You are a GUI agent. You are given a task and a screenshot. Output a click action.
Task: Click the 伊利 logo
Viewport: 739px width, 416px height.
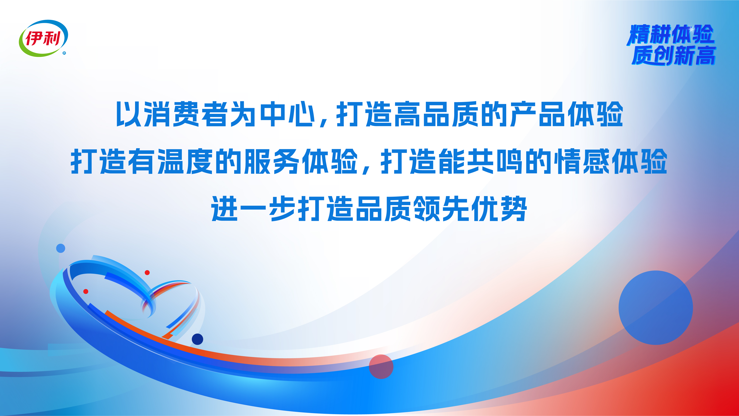pos(44,38)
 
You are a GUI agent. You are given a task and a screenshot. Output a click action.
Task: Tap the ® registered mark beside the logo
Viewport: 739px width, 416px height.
pos(64,53)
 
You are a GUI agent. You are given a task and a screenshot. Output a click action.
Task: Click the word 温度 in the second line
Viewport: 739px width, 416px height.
pos(185,161)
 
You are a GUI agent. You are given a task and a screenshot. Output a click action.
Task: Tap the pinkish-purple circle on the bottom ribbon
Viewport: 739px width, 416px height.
pos(381,367)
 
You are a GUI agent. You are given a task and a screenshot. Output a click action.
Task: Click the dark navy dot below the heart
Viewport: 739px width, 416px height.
pos(197,339)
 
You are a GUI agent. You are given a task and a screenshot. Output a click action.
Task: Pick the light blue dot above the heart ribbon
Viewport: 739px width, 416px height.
pos(61,248)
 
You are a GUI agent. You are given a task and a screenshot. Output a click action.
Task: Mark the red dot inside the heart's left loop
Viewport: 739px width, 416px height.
pos(86,291)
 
